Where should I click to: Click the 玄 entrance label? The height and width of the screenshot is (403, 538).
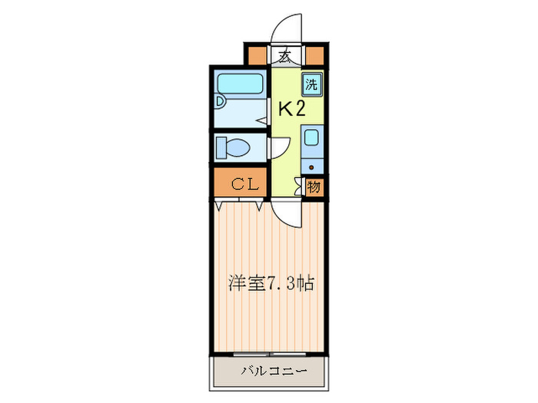tap(285, 56)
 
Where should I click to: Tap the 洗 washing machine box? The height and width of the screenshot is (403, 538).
tap(311, 84)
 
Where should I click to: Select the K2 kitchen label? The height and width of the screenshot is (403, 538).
tap(291, 109)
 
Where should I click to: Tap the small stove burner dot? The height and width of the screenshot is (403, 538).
tap(311, 164)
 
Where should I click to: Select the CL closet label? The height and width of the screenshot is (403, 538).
tap(241, 184)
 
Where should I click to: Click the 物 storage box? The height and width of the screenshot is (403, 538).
tap(314, 186)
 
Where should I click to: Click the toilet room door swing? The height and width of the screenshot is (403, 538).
tap(279, 148)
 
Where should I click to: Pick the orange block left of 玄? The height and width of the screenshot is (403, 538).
tap(257, 55)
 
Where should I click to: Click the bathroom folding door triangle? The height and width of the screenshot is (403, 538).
tap(262, 118)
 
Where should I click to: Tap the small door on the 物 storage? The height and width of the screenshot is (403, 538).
tap(300, 186)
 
